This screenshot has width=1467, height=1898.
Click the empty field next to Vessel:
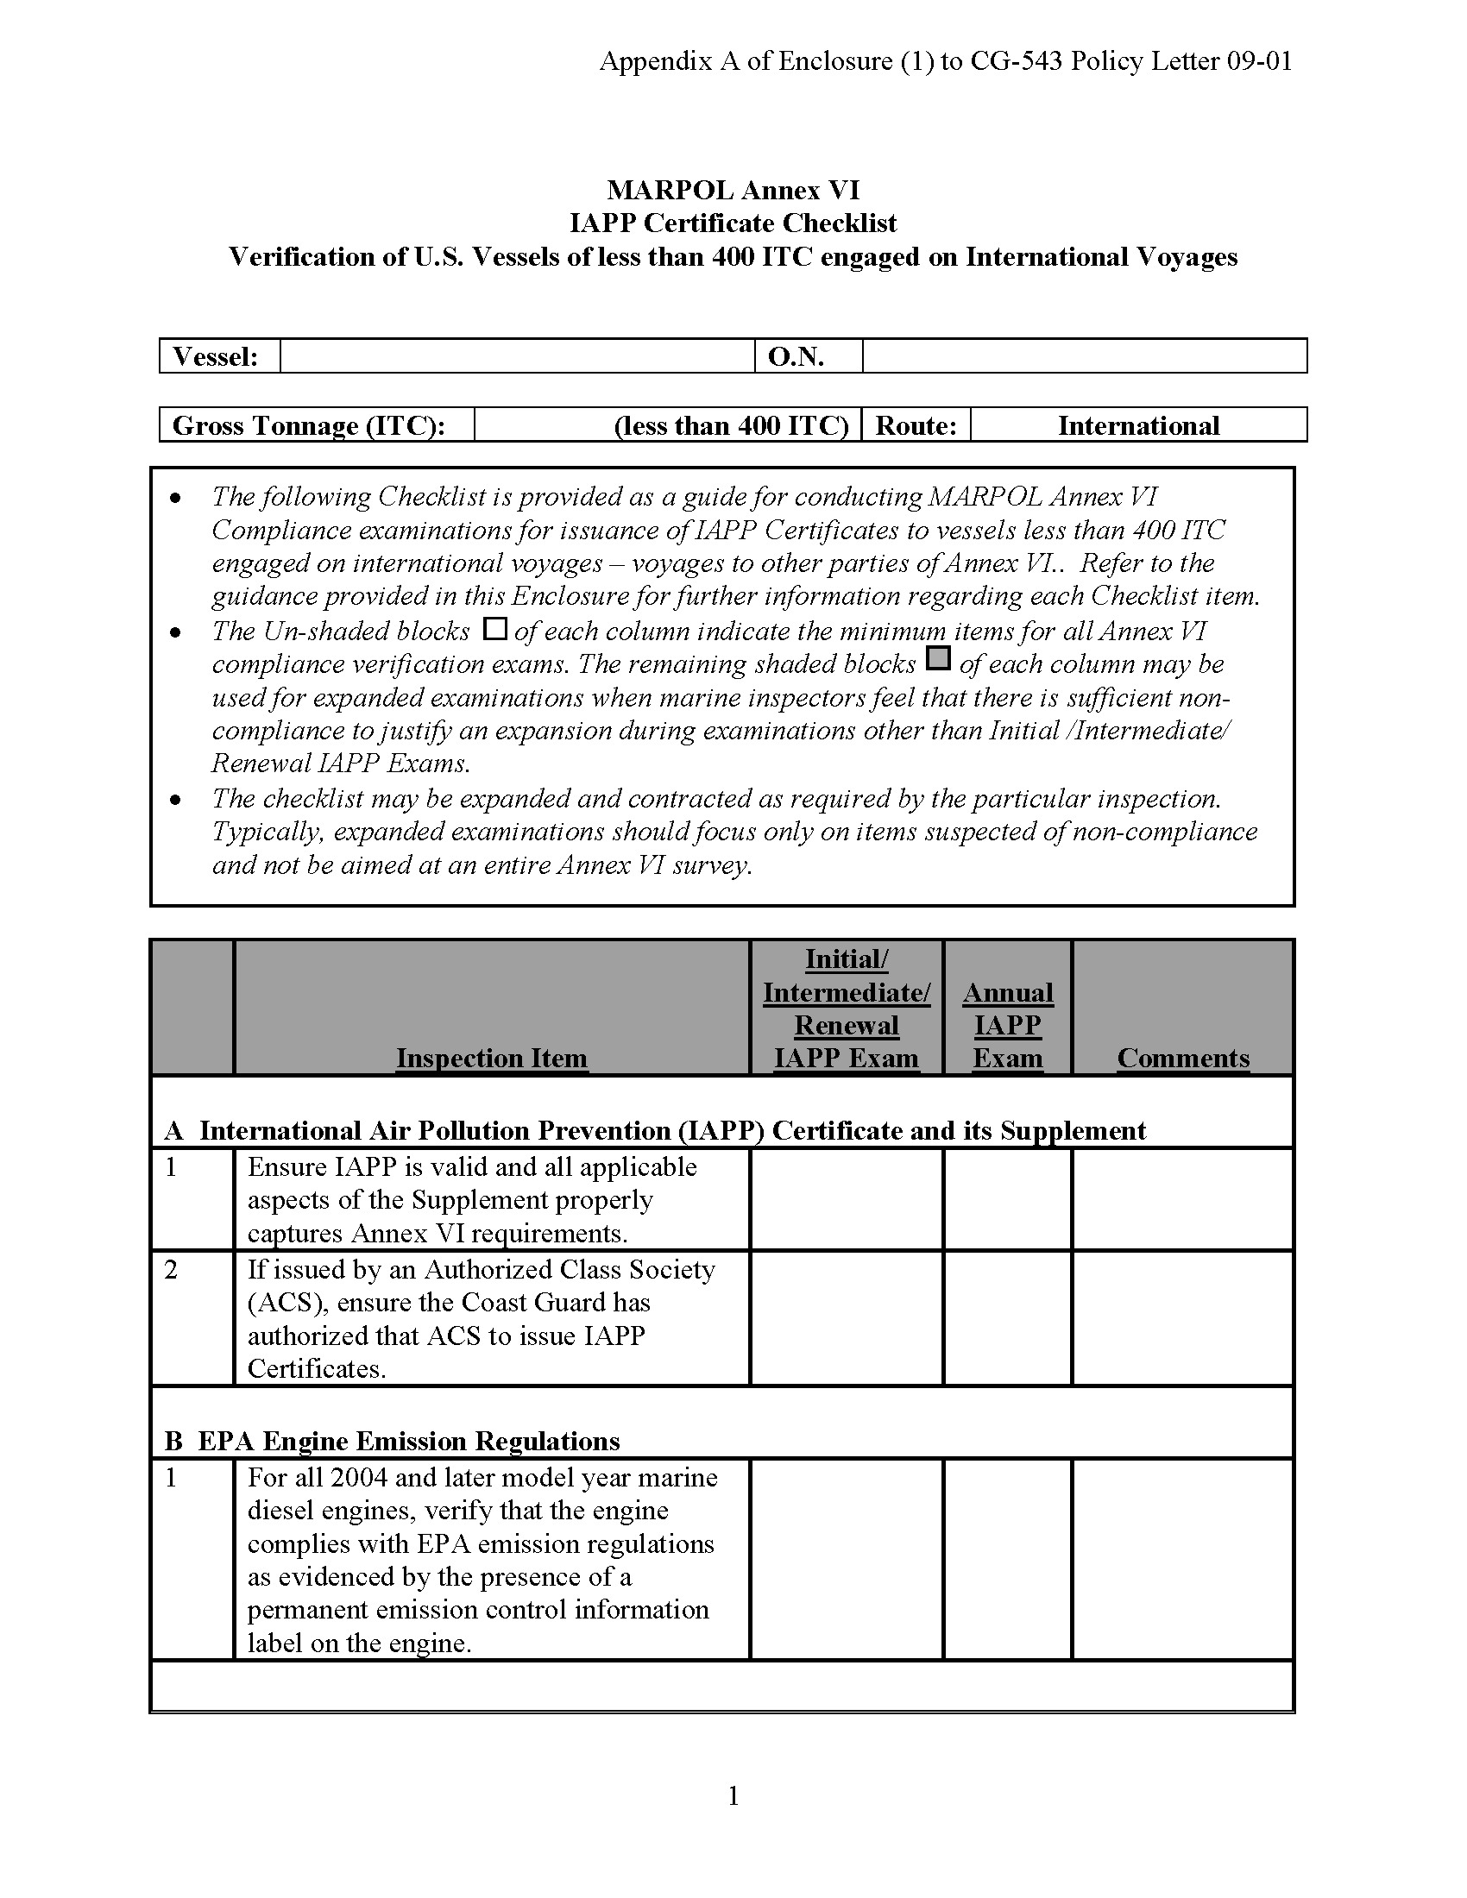517,356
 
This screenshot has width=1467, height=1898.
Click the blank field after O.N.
1084,356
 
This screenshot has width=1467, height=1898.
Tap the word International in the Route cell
1137,426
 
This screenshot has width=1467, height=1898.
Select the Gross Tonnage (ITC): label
309,426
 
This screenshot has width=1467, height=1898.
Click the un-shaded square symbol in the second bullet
494,628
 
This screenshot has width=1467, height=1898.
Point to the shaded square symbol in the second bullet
938,659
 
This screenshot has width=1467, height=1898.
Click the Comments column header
1183,1058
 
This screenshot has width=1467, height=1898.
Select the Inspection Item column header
492,1058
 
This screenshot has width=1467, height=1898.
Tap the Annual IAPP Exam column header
1007,1026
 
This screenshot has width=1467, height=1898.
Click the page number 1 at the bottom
733,1795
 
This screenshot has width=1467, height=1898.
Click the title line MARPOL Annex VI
733,190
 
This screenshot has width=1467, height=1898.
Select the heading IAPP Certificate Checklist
733,223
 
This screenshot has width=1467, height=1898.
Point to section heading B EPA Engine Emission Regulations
392,1441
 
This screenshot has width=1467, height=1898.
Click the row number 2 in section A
171,1270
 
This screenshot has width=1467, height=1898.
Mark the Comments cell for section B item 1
1183,1559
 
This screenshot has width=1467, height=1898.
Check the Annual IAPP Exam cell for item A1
1007,1199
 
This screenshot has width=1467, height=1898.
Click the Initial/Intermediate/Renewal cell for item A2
847,1317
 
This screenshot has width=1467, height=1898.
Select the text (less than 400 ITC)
731,426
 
